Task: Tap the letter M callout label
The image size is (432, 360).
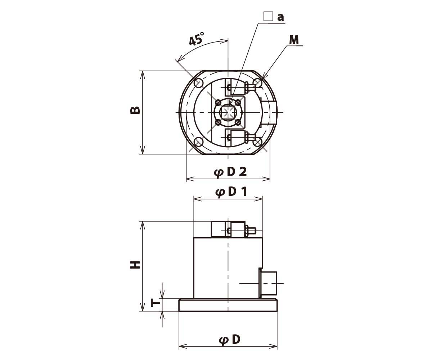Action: click(294, 40)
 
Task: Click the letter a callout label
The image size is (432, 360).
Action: click(280, 17)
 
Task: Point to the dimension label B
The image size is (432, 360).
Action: click(135, 110)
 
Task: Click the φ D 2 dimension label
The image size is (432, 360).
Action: click(230, 172)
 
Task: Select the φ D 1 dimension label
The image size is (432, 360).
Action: click(231, 192)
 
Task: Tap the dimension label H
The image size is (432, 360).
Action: click(135, 265)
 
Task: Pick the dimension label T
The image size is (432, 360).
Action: click(156, 303)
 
